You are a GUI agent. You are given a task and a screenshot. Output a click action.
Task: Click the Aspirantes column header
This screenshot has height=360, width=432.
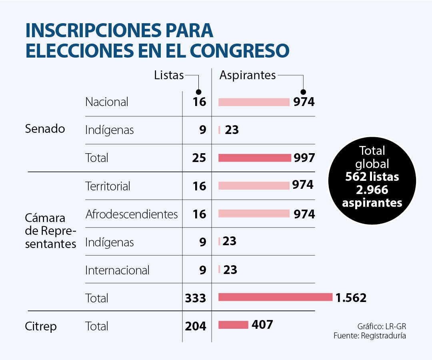click(248, 75)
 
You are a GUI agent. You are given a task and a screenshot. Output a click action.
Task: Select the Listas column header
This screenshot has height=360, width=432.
click(169, 75)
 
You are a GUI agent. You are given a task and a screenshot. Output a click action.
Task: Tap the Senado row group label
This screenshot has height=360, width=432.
click(45, 129)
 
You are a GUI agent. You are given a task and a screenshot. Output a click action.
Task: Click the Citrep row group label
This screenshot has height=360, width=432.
click(41, 326)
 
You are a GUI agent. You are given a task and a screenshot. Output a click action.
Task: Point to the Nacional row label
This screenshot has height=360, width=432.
click(107, 102)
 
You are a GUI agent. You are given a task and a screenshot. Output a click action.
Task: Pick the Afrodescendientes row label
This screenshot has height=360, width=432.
click(132, 214)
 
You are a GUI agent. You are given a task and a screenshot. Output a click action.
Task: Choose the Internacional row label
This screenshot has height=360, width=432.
click(117, 270)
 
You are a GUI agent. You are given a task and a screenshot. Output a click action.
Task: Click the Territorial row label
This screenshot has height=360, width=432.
click(108, 186)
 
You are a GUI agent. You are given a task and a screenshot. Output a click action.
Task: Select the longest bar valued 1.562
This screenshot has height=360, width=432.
click(275, 297)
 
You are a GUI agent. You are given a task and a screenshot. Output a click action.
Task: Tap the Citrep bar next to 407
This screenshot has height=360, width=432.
click(233, 325)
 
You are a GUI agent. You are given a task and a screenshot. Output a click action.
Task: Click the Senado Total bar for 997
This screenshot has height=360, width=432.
click(254, 158)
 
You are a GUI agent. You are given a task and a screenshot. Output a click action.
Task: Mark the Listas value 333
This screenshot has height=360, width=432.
click(196, 298)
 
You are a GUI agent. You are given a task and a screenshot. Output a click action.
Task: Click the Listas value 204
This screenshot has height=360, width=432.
click(196, 326)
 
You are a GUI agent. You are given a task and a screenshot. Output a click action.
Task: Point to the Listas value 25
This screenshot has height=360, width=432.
click(199, 158)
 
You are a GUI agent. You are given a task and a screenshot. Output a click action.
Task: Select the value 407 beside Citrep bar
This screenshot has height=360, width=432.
click(262, 324)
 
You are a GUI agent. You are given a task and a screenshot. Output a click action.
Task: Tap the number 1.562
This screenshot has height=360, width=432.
click(351, 298)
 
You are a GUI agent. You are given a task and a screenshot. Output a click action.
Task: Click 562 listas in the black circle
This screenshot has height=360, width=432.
click(372, 176)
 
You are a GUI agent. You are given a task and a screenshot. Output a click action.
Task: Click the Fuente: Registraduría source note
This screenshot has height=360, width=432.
click(370, 336)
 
